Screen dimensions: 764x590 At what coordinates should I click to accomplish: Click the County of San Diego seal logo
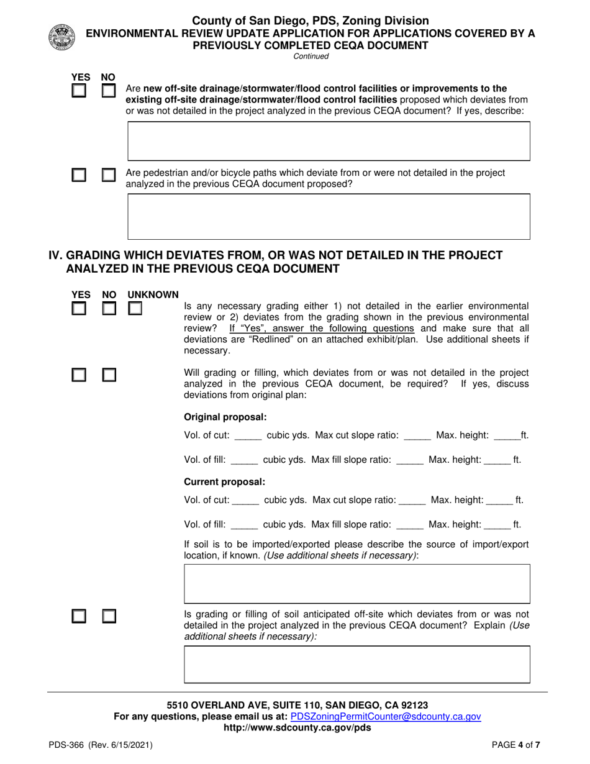61,37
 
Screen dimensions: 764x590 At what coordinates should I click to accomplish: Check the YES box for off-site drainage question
78,91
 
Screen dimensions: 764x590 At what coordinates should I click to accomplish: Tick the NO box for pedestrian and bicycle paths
109,175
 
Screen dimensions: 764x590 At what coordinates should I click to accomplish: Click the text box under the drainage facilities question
329,142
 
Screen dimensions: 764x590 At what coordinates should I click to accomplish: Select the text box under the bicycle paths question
329,217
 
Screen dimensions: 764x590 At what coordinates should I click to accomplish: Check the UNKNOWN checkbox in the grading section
135,308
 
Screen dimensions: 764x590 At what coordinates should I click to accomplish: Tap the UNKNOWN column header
153,294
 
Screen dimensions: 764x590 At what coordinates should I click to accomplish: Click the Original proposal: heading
225,417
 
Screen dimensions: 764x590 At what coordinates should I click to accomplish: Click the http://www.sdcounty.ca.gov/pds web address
297,727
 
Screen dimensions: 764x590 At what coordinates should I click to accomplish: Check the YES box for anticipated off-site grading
78,616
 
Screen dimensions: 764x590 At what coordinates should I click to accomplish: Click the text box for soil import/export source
357,584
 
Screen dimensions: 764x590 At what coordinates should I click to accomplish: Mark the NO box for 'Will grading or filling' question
109,375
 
